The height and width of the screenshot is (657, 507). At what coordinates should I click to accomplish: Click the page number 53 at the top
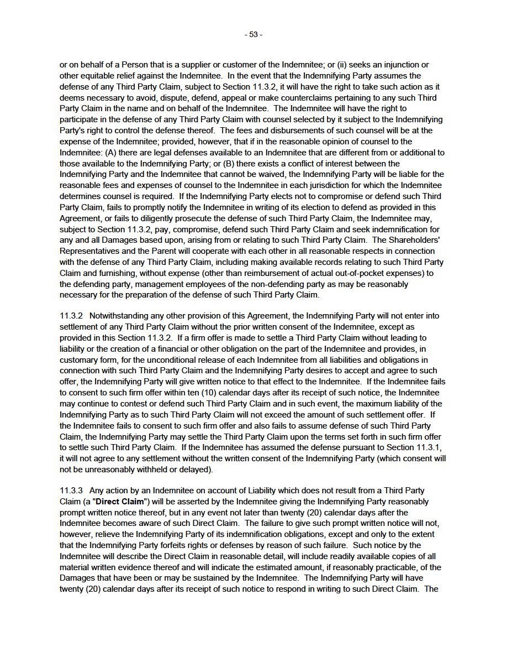click(x=254, y=34)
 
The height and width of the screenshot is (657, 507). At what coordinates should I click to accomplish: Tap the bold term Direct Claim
click(x=122, y=502)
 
